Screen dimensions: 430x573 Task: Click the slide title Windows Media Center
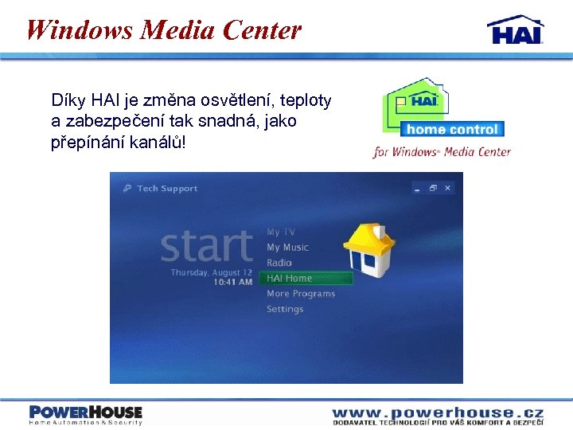[x=164, y=30]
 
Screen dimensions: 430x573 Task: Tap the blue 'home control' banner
[x=452, y=129]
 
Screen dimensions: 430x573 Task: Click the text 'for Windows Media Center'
[x=442, y=152]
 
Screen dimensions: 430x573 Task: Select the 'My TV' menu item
[x=280, y=232]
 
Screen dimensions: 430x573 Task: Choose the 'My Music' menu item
[x=287, y=248]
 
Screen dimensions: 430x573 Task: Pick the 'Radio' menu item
[x=279, y=263]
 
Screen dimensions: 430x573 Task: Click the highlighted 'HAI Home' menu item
[x=290, y=278]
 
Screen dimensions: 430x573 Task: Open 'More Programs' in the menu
[x=301, y=294]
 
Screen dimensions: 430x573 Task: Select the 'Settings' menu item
[x=285, y=309]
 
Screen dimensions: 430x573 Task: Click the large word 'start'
[x=207, y=247]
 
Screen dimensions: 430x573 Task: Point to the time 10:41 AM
[x=233, y=282]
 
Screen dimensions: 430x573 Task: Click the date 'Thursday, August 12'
[x=212, y=272]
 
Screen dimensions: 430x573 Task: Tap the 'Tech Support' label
[x=166, y=189]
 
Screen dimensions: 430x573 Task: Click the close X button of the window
[x=447, y=188]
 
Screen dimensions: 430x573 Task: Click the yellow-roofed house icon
[x=369, y=249]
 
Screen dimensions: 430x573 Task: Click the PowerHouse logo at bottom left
[x=86, y=414]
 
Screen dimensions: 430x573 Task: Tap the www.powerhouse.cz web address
[x=438, y=412]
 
